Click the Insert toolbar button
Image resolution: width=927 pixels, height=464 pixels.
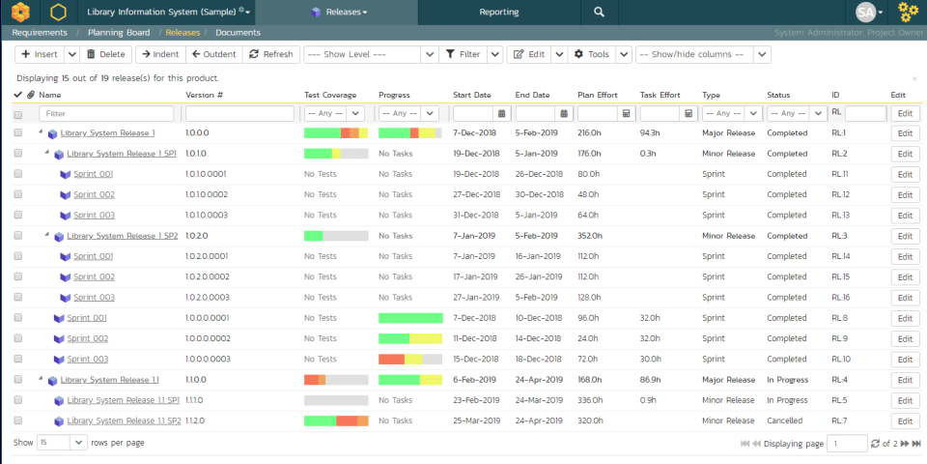(x=40, y=54)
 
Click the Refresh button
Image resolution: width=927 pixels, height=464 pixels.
(x=270, y=54)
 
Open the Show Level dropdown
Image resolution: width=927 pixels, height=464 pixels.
(x=371, y=54)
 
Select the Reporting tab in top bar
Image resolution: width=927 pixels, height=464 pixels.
(x=498, y=12)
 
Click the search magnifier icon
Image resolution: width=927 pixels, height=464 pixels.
(x=600, y=12)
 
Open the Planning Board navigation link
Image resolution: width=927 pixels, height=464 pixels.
(x=119, y=33)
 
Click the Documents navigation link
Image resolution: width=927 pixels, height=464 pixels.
(x=238, y=33)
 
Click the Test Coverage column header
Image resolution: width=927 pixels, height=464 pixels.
(x=330, y=95)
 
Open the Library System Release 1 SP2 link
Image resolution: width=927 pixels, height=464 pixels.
(x=123, y=236)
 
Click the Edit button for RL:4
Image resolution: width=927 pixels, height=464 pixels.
(x=904, y=380)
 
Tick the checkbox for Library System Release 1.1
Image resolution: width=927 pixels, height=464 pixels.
(x=18, y=380)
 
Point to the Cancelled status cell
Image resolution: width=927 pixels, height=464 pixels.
(x=784, y=420)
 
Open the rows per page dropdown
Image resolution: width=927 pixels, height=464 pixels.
(x=64, y=443)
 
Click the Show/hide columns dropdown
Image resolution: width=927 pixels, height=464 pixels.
(x=702, y=54)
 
